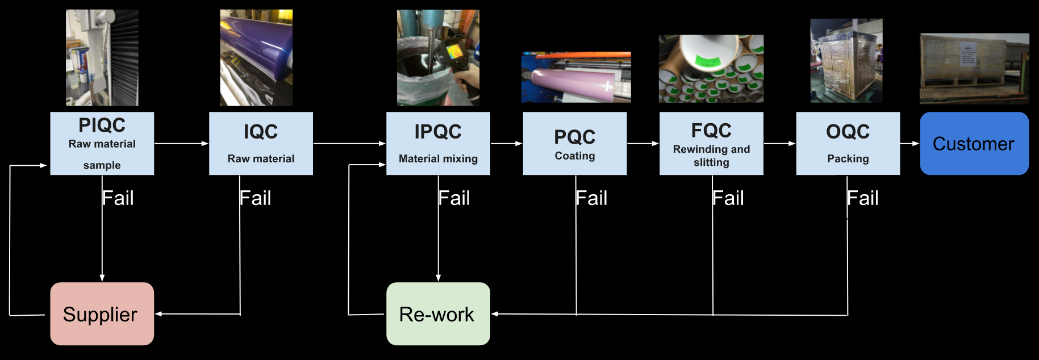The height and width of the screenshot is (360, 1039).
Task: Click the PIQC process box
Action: click(x=102, y=143)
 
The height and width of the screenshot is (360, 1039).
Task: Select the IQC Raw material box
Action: click(x=261, y=143)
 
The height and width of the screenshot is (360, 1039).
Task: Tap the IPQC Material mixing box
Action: click(x=438, y=143)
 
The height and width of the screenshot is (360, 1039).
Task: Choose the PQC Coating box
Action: click(x=574, y=143)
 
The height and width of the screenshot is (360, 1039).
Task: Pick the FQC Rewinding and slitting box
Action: click(x=711, y=143)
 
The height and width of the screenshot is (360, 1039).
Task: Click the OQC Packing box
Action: click(x=848, y=143)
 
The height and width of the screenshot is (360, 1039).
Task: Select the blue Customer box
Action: click(x=974, y=143)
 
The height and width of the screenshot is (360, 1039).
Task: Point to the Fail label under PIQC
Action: click(x=118, y=198)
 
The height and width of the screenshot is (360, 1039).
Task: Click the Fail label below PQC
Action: click(x=591, y=198)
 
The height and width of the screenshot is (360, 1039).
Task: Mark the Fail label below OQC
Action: click(x=863, y=198)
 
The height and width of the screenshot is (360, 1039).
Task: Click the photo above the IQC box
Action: click(x=256, y=57)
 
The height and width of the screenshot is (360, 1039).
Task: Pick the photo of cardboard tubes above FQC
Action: click(x=711, y=69)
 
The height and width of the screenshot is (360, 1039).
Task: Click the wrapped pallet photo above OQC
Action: click(x=846, y=61)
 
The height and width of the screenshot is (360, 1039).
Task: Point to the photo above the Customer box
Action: click(x=974, y=68)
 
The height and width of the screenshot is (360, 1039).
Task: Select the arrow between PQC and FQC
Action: click(x=642, y=144)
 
